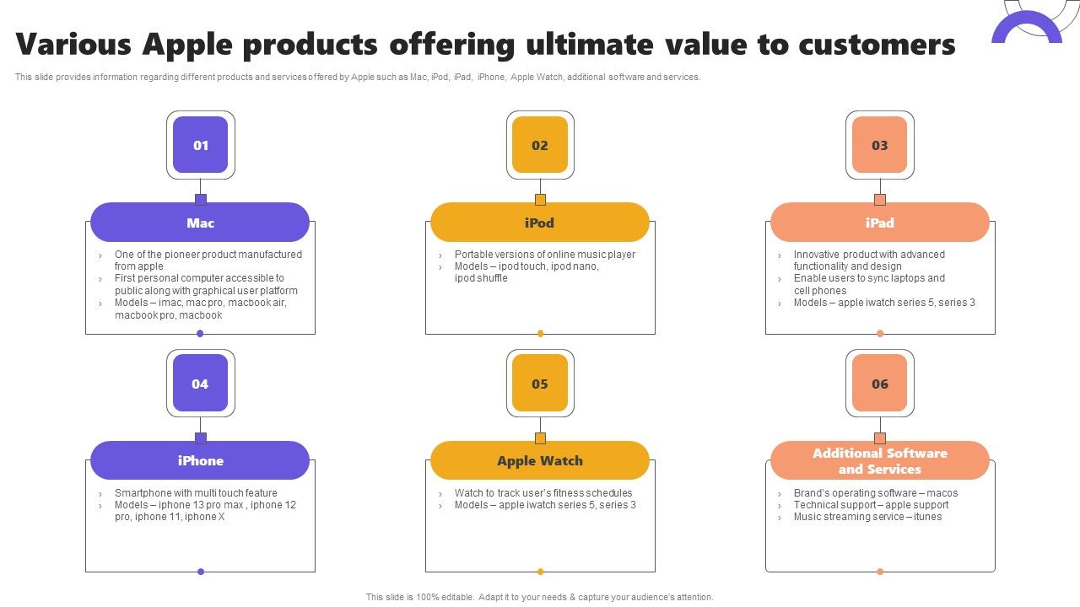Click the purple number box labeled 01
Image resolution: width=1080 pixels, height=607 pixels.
[x=201, y=145]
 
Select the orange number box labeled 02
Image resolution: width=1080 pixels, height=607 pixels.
[x=540, y=145]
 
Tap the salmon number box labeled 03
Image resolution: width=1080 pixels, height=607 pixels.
[x=879, y=145]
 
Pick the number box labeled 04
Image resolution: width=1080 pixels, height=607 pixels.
[x=201, y=384]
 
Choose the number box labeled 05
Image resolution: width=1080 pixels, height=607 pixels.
[x=540, y=384]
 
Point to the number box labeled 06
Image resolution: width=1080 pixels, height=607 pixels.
[x=879, y=384]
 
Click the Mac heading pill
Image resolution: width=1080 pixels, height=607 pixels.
[x=200, y=223]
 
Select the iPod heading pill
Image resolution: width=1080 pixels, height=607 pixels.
[x=540, y=223]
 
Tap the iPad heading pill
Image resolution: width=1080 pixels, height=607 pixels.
[x=879, y=223]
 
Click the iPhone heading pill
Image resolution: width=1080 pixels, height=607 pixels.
[x=200, y=460]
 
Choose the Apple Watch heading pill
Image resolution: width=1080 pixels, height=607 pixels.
[x=540, y=460]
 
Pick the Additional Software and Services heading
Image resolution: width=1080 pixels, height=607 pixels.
[x=879, y=460]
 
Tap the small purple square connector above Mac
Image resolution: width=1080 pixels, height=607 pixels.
[x=201, y=200]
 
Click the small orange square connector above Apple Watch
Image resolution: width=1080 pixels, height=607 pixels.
[x=540, y=438]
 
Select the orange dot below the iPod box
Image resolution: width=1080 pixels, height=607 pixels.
[x=540, y=333]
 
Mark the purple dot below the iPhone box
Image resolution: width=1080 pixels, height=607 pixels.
[x=201, y=572]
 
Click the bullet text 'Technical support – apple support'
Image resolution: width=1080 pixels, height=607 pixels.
[x=871, y=505]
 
